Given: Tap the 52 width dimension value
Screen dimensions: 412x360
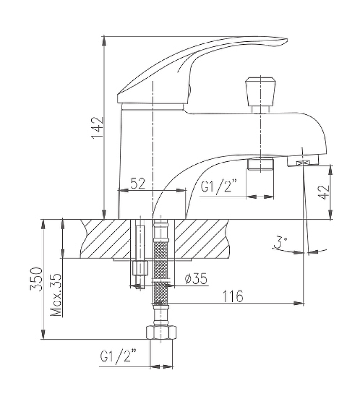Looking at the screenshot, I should [x=138, y=183].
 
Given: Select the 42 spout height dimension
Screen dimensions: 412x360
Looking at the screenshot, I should [x=323, y=192].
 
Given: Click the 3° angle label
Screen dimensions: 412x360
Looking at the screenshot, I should [x=281, y=243].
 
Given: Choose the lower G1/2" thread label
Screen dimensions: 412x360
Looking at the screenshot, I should [x=119, y=355].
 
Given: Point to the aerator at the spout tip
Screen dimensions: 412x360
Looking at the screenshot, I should [x=302, y=163].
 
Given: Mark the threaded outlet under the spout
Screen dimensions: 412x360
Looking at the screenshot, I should [x=260, y=165].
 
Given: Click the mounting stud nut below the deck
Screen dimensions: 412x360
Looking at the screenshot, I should [x=140, y=269].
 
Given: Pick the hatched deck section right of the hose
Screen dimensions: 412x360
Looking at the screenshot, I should [x=203, y=237].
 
